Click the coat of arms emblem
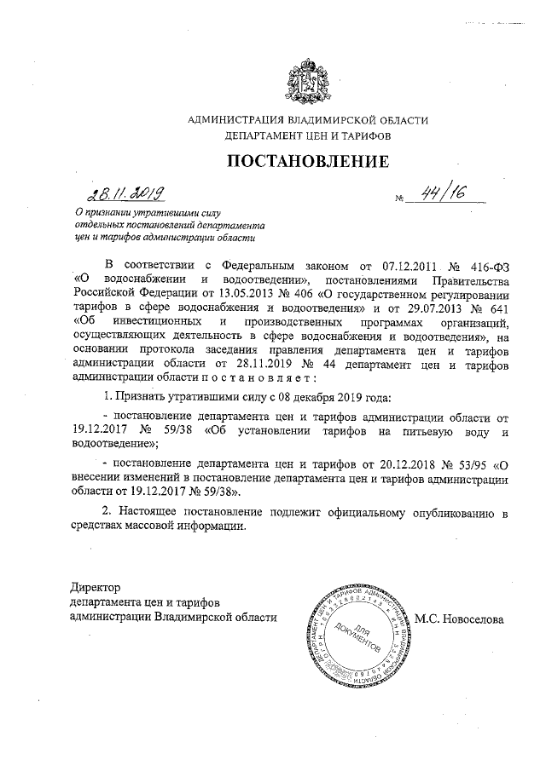(x=307, y=79)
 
